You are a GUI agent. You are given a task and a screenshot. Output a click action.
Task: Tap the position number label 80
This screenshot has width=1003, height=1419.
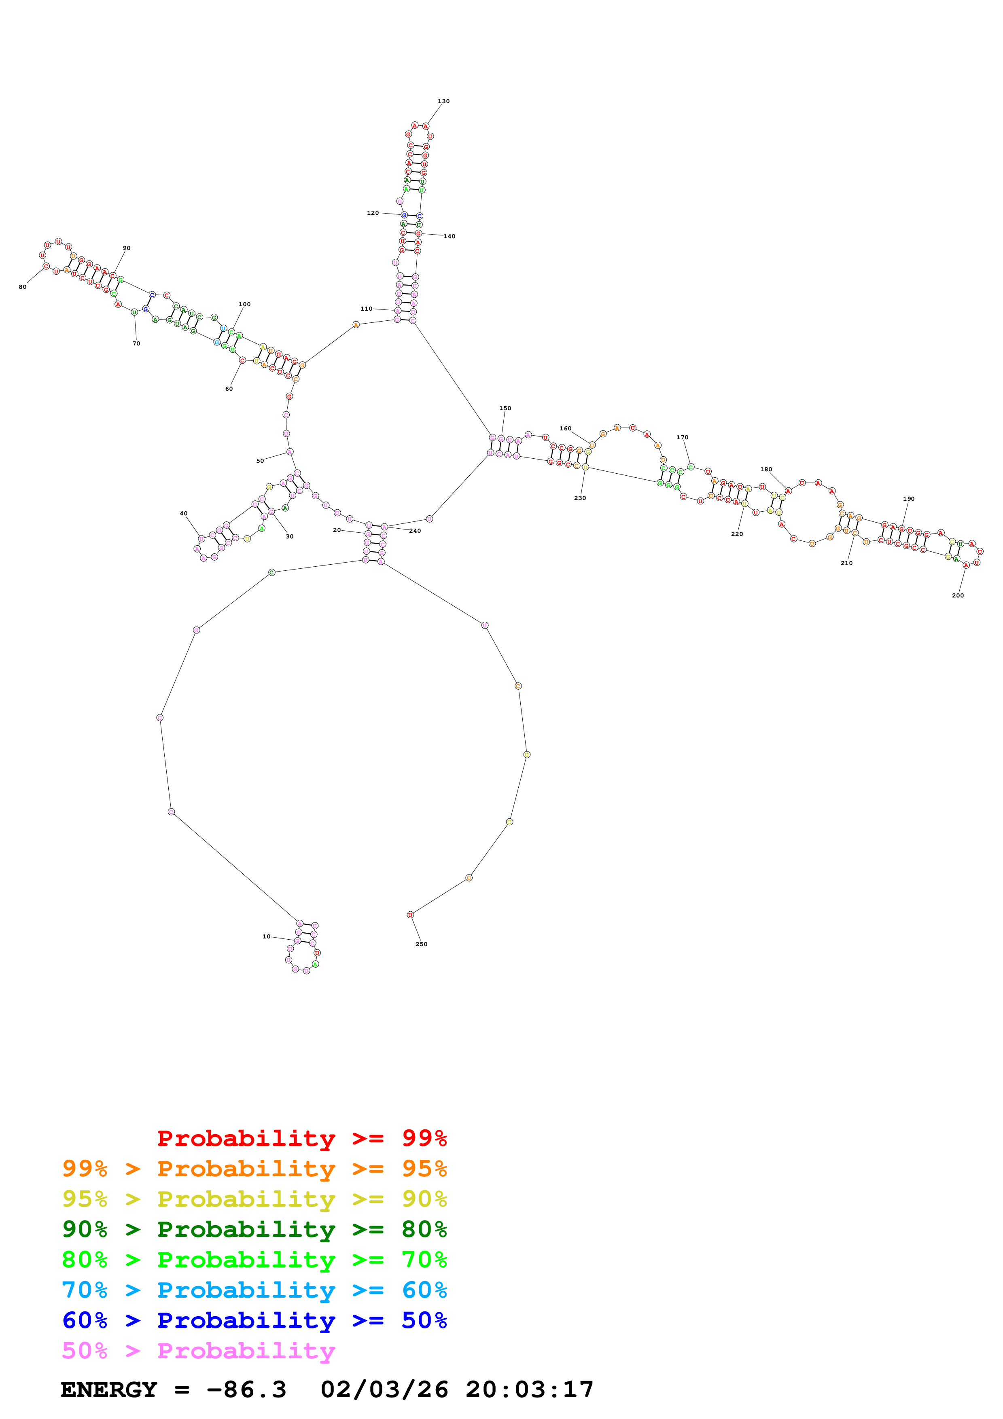click(x=23, y=287)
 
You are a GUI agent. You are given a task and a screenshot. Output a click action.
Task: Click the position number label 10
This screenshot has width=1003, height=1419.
click(x=266, y=936)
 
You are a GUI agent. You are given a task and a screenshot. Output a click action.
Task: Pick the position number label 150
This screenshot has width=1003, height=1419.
click(x=505, y=409)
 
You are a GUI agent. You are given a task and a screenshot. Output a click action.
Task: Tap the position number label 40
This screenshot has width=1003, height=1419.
click(x=184, y=514)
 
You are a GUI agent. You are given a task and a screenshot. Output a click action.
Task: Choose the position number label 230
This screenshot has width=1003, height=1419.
click(x=580, y=498)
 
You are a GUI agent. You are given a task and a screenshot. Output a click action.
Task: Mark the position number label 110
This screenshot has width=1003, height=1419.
click(x=367, y=309)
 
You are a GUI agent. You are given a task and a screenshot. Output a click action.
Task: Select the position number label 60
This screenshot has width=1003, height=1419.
click(x=229, y=389)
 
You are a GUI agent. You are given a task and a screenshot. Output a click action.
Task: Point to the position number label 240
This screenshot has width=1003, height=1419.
click(x=415, y=531)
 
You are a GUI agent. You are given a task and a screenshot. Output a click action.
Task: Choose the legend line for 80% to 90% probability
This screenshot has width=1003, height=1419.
click(x=254, y=1229)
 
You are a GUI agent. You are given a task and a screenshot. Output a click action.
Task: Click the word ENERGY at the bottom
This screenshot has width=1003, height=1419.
click(x=109, y=1389)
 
